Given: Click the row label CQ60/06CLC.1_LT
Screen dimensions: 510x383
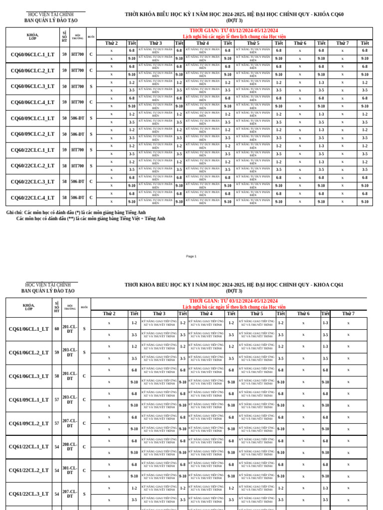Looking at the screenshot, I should [x=32, y=55].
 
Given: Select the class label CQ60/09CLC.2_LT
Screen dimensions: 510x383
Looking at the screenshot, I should [x=32, y=134].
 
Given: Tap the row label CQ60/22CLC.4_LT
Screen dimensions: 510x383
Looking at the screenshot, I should [x=32, y=198].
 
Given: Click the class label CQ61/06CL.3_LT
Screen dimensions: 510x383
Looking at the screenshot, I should [x=29, y=377].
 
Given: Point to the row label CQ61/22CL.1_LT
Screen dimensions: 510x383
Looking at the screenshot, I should [x=29, y=447].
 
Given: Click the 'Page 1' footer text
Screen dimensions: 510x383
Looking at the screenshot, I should [x=191, y=256].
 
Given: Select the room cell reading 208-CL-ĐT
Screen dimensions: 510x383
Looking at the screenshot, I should [x=70, y=447].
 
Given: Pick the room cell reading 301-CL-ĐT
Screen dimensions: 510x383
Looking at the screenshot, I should [x=70, y=470].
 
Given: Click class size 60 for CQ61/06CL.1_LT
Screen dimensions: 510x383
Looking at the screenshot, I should [x=57, y=329].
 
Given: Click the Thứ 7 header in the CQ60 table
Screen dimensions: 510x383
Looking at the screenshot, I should [x=342, y=43].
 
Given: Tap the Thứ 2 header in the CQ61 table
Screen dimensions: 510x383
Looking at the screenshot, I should [x=109, y=314].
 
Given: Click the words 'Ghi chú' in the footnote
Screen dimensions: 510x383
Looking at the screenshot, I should [x=14, y=213].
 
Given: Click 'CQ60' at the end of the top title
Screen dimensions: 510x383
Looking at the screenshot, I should [x=336, y=14].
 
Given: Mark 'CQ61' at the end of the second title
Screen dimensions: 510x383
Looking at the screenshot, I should [x=336, y=285].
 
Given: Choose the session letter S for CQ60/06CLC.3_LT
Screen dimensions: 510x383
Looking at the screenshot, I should [x=91, y=87].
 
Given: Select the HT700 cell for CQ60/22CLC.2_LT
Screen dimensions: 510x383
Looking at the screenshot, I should [x=77, y=166].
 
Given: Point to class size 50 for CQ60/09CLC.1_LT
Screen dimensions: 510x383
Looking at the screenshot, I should [x=64, y=118].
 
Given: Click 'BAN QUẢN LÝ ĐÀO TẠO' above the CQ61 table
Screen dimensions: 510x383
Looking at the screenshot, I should [x=48, y=291].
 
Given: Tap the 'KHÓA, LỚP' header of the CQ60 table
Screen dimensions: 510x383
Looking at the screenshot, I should [x=32, y=36].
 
